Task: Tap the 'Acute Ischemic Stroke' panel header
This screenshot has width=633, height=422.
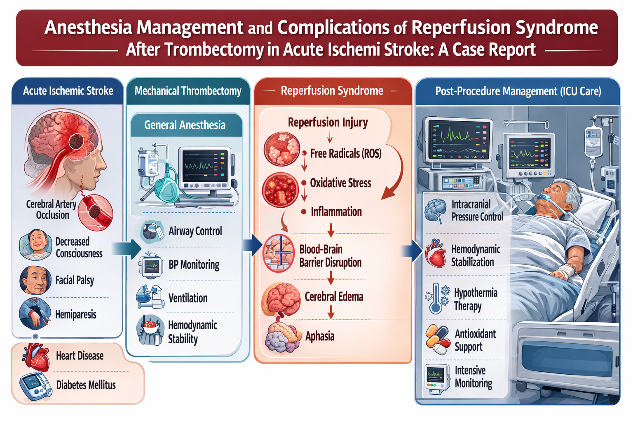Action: [68, 91]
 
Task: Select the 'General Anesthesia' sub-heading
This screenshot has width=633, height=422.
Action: [185, 125]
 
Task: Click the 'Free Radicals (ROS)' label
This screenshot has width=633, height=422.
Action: [346, 153]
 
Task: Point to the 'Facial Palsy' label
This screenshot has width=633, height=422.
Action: [75, 280]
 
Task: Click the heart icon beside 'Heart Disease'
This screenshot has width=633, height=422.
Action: [36, 357]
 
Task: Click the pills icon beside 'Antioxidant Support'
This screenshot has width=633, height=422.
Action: [438, 339]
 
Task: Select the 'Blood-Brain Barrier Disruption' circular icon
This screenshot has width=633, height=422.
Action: [278, 253]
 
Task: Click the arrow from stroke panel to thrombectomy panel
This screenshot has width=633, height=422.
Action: [127, 249]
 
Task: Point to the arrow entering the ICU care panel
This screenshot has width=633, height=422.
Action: [412, 251]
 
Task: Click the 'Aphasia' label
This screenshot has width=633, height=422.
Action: [320, 336]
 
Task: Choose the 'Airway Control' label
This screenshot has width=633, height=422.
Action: [195, 231]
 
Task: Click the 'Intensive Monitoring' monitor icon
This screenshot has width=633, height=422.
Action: [437, 379]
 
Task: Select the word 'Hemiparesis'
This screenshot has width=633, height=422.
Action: [76, 314]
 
